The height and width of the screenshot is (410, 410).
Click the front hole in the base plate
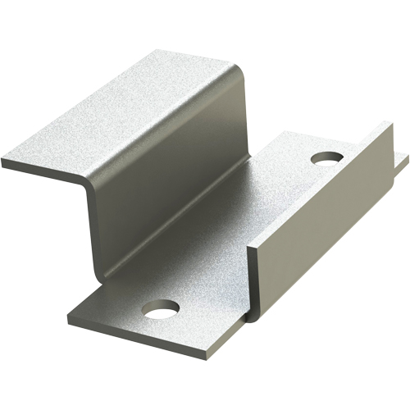(x=161, y=308)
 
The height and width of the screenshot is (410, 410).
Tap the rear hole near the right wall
(x=326, y=156)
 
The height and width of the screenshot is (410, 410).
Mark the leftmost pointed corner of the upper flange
(x=3, y=162)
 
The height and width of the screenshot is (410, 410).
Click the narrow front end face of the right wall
(x=253, y=283)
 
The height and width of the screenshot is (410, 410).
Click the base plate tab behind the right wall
(x=401, y=160)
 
